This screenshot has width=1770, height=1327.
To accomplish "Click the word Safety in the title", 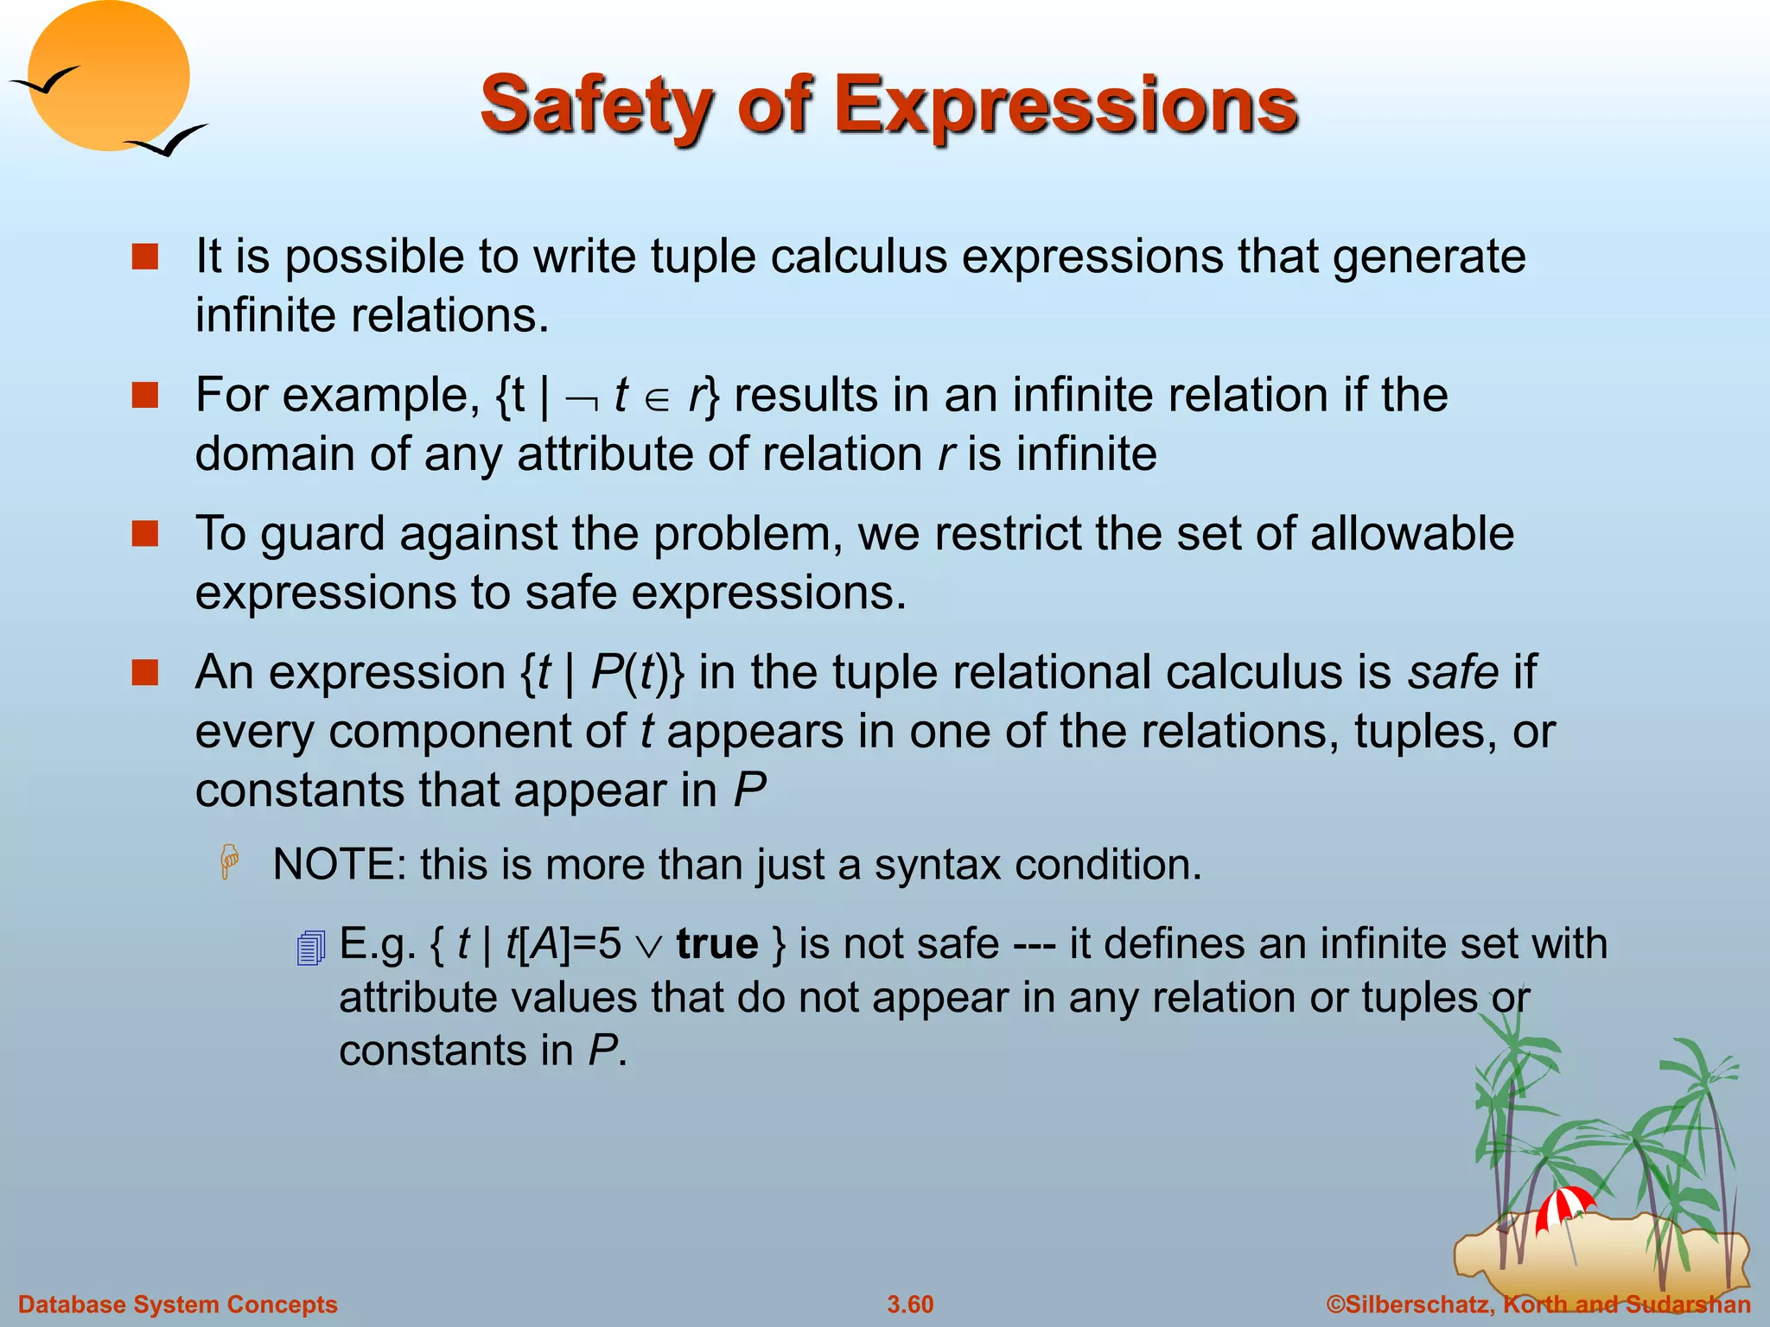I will coord(596,106).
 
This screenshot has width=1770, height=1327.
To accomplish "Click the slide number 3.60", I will coord(910,1305).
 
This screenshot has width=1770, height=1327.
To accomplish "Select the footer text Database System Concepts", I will coord(178,1305).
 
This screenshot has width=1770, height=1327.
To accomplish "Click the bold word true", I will coord(717,943).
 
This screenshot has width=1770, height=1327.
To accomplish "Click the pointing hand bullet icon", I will coord(230,862).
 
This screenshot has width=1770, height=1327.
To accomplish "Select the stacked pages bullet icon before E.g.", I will coord(310,948).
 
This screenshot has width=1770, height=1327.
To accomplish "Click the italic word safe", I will coord(1453,672).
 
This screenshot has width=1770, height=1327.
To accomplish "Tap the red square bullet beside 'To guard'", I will coord(145,534).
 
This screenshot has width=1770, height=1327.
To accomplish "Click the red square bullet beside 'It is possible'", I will coord(145,257).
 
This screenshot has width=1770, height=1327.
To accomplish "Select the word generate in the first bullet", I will coord(1429,257).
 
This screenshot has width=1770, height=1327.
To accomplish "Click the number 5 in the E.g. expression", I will coord(609,943).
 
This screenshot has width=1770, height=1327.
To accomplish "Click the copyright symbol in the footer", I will coord(1335,1305).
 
